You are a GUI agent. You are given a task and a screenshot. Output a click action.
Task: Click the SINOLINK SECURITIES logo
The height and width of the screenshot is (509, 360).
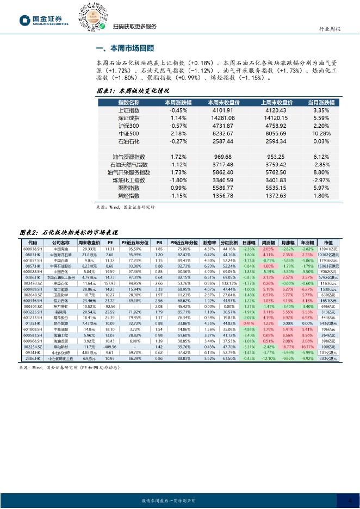click(x=44, y=21)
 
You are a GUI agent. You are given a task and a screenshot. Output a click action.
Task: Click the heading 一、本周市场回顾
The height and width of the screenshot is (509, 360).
click(x=125, y=48)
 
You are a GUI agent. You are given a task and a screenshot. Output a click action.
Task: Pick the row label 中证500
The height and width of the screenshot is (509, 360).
click(x=129, y=133)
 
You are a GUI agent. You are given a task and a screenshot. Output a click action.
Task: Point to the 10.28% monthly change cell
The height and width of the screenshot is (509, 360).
click(x=321, y=133)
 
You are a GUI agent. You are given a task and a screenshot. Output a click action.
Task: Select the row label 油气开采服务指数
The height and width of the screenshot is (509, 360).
click(x=129, y=172)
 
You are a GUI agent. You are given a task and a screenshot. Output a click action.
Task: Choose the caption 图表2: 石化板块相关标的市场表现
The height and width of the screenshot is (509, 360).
click(x=73, y=231)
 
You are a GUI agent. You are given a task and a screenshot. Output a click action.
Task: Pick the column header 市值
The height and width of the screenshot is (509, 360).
click(x=328, y=242)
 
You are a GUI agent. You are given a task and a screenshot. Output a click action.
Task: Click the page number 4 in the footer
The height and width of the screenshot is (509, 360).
click(x=350, y=500)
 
